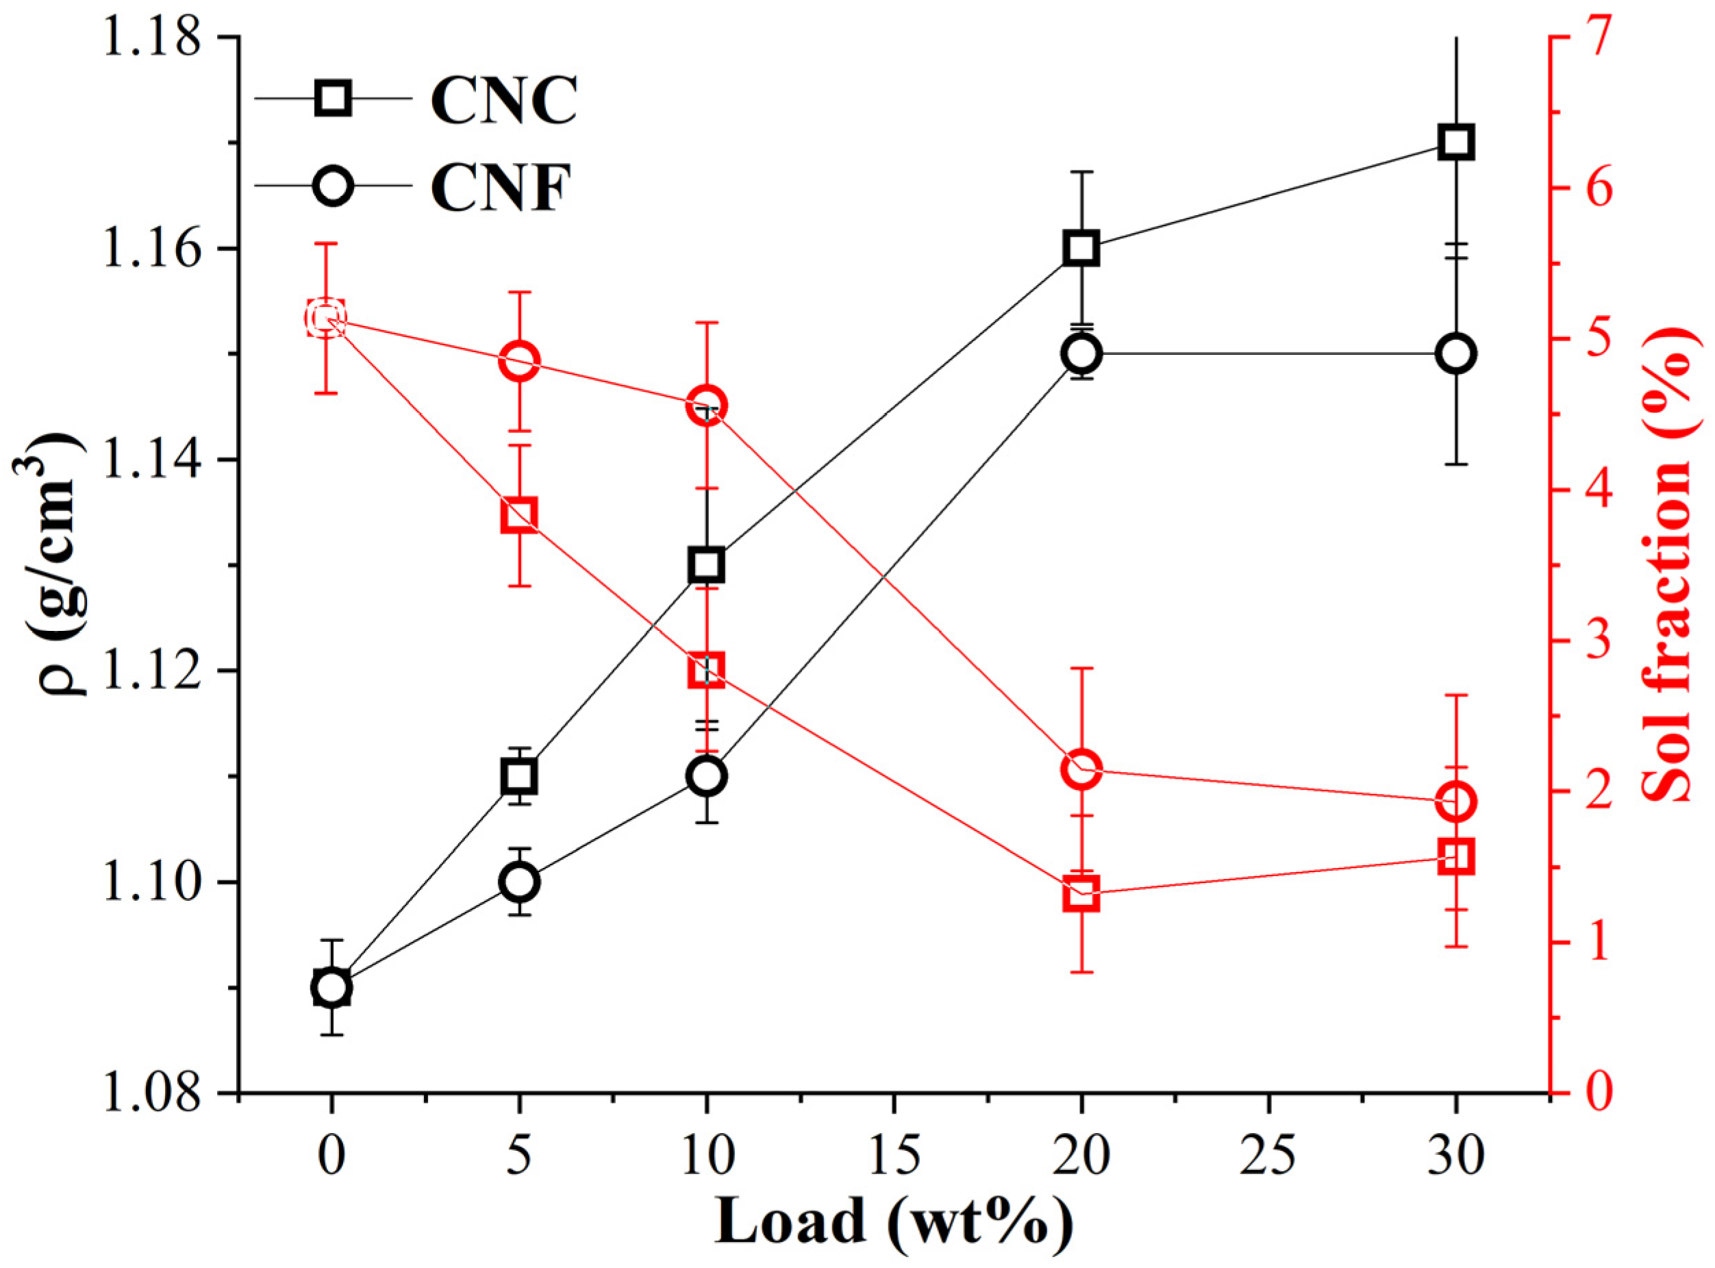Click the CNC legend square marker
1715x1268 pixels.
coord(333,98)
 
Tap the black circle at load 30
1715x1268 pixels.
coord(1455,354)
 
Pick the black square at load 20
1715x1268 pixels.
coord(1081,249)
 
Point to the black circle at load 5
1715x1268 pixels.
coord(519,882)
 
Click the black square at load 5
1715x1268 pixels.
coord(519,777)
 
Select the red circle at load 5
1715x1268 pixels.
coord(519,361)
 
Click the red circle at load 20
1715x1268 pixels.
coord(1081,769)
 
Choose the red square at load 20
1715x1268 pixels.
coord(1081,894)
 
